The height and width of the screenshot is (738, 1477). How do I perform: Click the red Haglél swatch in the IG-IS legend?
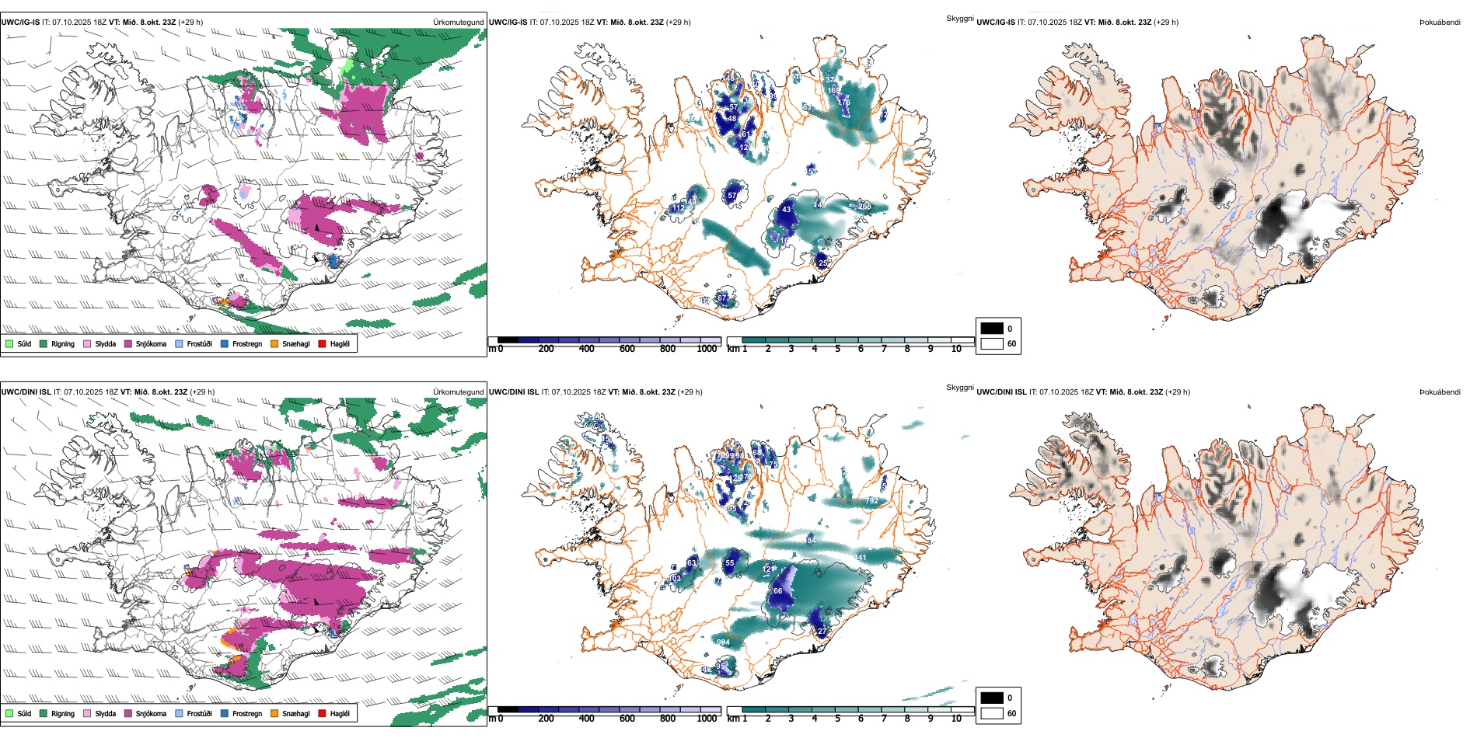[322, 343]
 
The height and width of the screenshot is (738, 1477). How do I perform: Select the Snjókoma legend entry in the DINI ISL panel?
[151, 713]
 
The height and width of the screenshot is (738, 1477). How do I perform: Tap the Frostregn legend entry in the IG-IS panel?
[246, 343]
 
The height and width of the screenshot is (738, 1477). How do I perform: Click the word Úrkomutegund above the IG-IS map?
[458, 23]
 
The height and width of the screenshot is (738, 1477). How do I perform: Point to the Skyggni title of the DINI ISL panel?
[959, 388]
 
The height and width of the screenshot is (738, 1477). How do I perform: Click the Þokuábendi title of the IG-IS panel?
[1440, 23]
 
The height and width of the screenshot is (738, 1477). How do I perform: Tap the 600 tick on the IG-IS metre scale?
[627, 349]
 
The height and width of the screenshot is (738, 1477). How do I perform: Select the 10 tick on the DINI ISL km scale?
[956, 719]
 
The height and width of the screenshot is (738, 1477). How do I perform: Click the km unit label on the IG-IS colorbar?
[732, 349]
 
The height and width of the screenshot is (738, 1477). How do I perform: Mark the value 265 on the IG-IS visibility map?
[864, 207]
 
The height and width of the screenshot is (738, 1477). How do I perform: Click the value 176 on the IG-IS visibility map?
[844, 103]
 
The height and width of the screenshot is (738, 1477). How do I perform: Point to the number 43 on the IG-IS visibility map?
[787, 210]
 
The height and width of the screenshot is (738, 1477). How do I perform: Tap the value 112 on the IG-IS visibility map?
[678, 208]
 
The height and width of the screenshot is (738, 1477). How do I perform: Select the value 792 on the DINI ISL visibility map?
[871, 501]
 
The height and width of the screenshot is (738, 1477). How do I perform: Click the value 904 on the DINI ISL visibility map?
[723, 642]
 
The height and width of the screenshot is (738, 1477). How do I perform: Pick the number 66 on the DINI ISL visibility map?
[777, 591]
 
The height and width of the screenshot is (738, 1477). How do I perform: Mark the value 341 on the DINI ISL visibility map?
[860, 558]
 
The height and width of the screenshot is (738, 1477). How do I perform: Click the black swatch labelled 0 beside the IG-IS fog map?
[992, 329]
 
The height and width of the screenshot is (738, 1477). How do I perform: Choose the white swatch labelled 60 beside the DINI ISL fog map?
[992, 713]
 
